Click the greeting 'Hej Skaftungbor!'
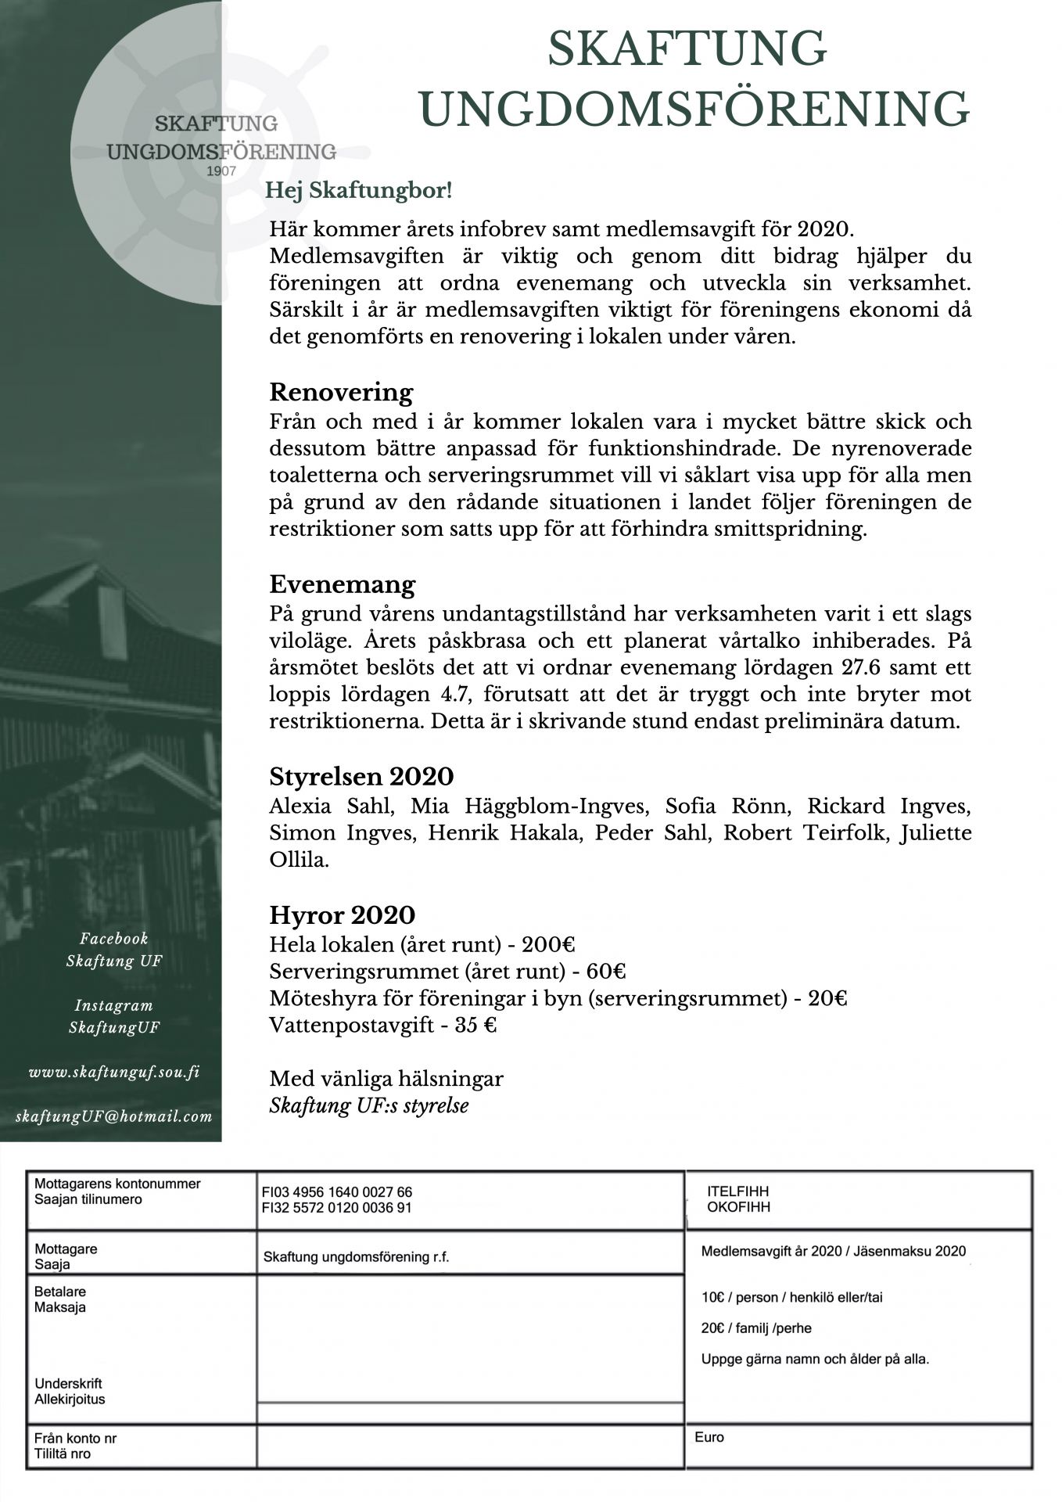pos(359,190)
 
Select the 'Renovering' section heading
pos(341,391)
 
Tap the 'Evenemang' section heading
pos(343,584)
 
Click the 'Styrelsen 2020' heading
pos(361,777)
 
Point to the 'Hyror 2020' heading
pos(342,914)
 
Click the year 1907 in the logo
pos(221,171)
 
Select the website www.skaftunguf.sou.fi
pos(114,1072)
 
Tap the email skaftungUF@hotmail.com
pos(114,1116)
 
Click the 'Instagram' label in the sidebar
pos(114,1005)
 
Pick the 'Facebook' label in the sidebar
pos(114,938)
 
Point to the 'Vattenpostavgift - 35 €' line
pos(383,1025)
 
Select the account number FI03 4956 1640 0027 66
pos(337,1192)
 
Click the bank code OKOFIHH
pos(738,1207)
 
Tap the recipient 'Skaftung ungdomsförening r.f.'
pos(356,1258)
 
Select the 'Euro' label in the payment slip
pos(709,1437)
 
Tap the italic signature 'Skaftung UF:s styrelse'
pos(369,1106)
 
